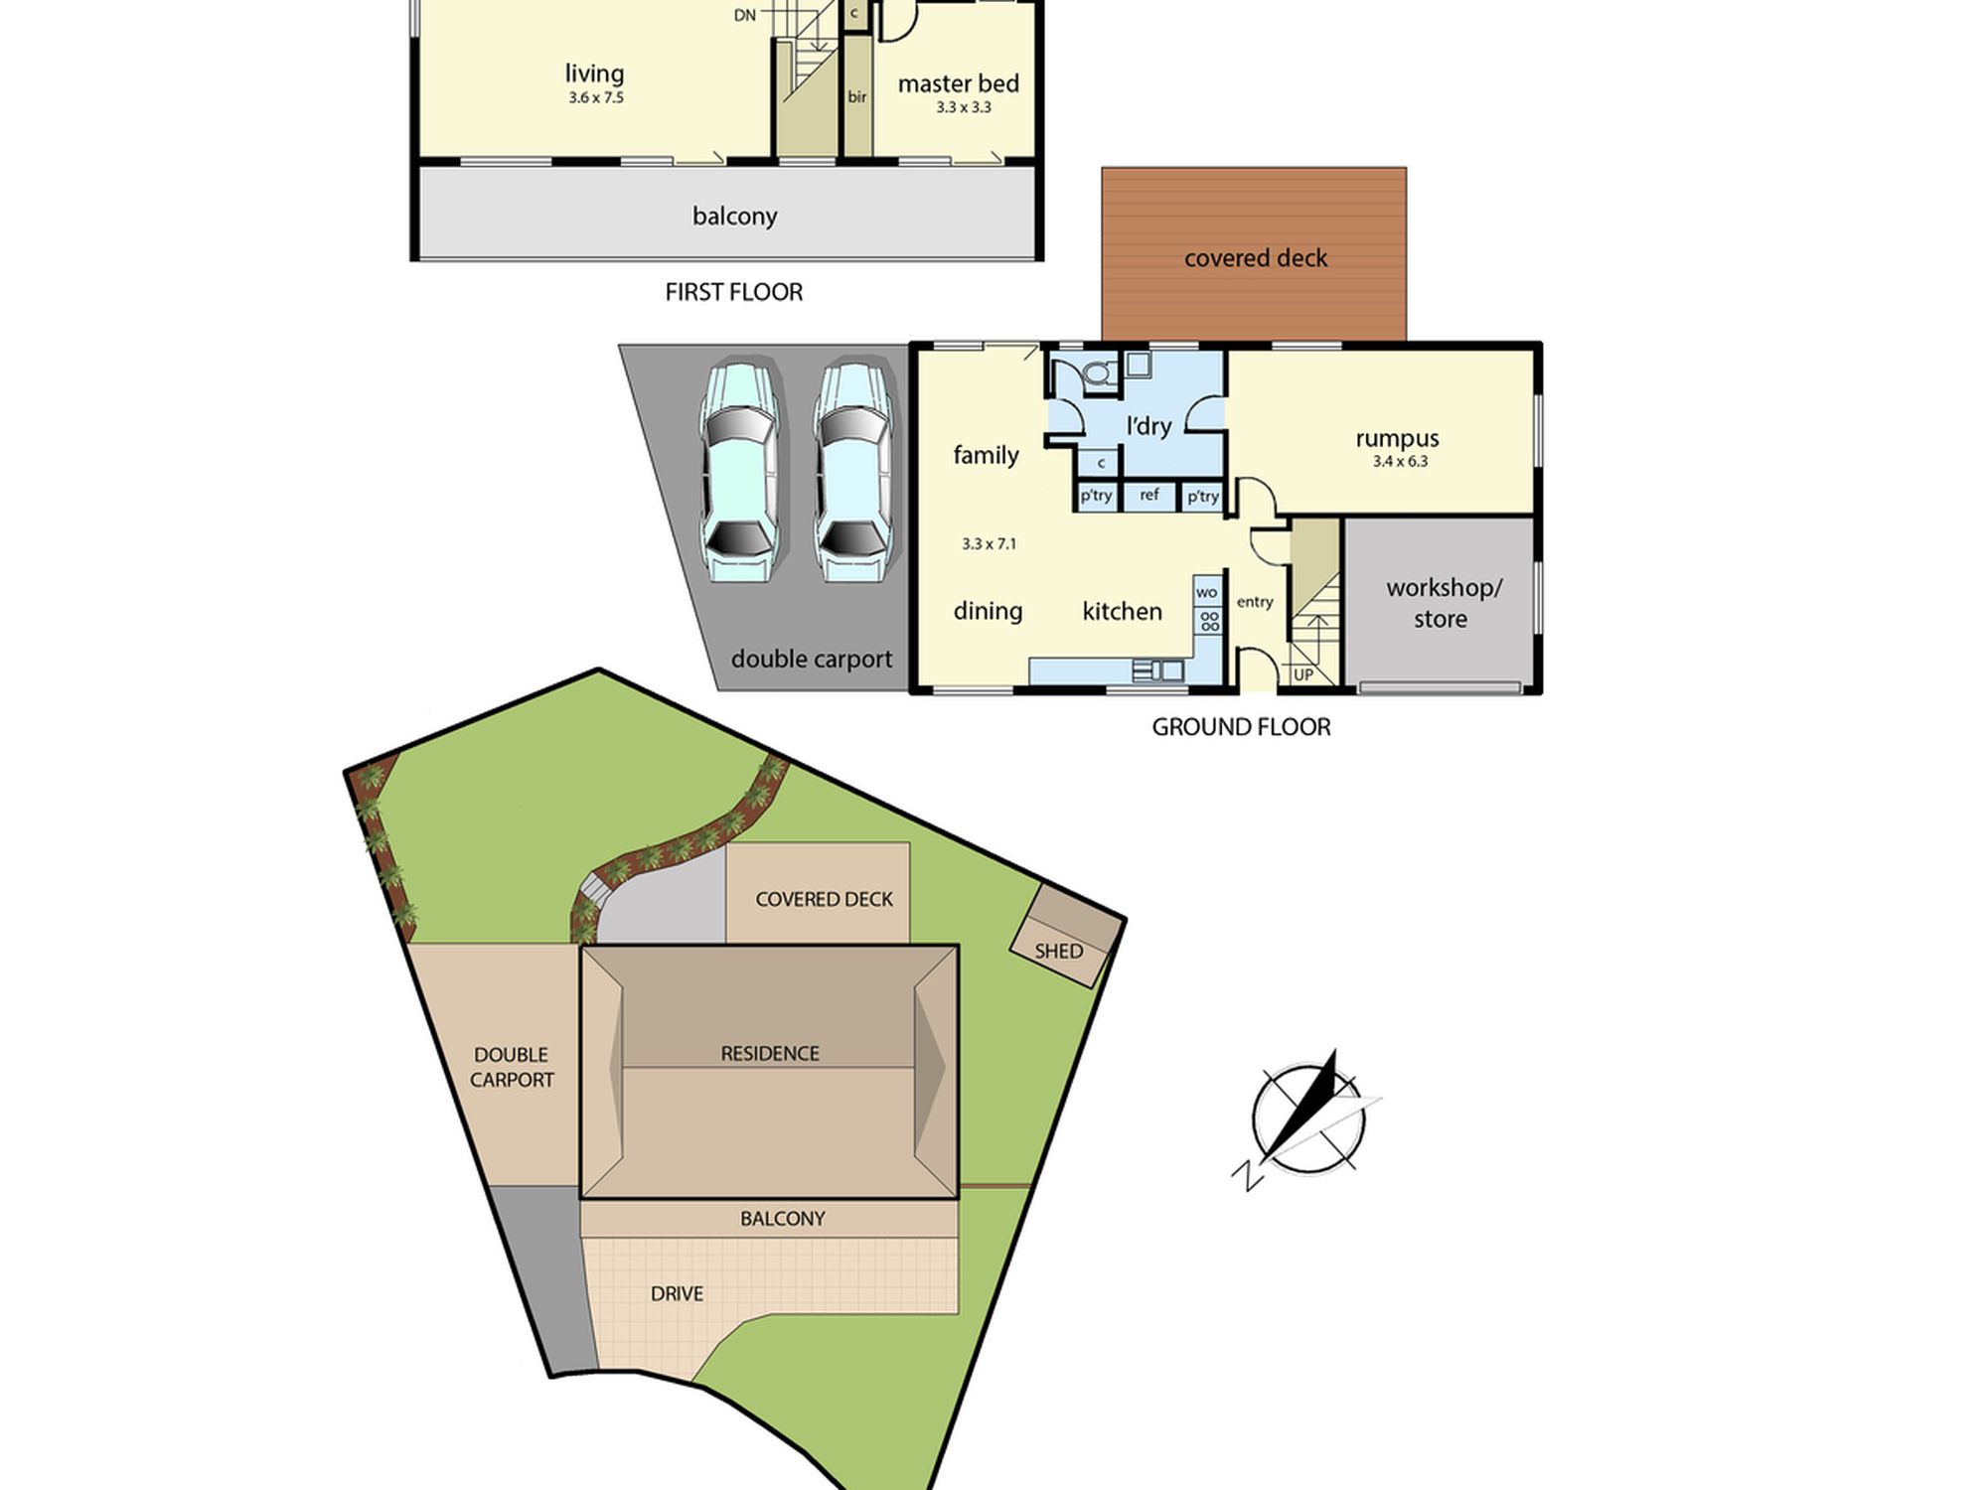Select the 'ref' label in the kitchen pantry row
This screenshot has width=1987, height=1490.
pyautogui.click(x=1149, y=495)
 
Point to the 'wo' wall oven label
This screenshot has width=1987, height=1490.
pyautogui.click(x=1207, y=593)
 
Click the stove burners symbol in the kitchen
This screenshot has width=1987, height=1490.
pyautogui.click(x=1209, y=621)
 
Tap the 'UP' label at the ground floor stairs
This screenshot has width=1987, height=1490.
pyautogui.click(x=1303, y=674)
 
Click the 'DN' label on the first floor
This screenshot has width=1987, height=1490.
pyautogui.click(x=745, y=15)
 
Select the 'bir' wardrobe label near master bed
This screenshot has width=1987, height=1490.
pyautogui.click(x=857, y=96)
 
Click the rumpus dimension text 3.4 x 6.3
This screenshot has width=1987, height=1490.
pyautogui.click(x=1400, y=461)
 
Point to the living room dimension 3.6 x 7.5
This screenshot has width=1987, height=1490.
pyautogui.click(x=596, y=97)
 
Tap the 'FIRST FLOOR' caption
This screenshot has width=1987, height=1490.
pyautogui.click(x=734, y=292)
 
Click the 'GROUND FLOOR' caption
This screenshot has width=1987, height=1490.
pyautogui.click(x=1241, y=727)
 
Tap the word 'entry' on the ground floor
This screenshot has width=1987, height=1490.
pyautogui.click(x=1255, y=602)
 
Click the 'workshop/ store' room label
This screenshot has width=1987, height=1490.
pyautogui.click(x=1443, y=603)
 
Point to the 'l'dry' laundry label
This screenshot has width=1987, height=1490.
pyautogui.click(x=1148, y=426)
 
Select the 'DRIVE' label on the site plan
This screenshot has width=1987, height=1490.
pyautogui.click(x=677, y=1293)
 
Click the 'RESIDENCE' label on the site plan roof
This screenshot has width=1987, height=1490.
pyautogui.click(x=770, y=1053)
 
